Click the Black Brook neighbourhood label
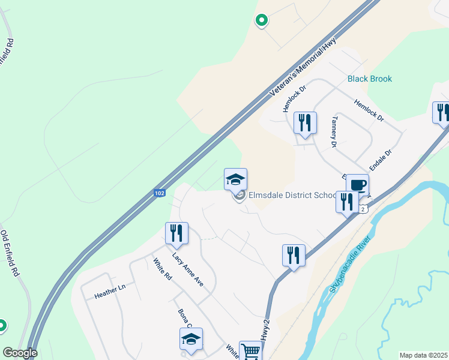[x=369, y=79]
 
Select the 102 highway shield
[x=159, y=193]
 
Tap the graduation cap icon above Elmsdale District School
[x=235, y=179]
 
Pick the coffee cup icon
[x=357, y=185]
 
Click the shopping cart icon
[x=250, y=351]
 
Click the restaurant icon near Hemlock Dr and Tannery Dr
[x=305, y=124]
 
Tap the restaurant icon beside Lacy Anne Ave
[x=176, y=233]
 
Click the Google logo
[x=20, y=353]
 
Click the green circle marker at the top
[x=262, y=21]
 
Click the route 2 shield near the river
[x=363, y=208]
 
